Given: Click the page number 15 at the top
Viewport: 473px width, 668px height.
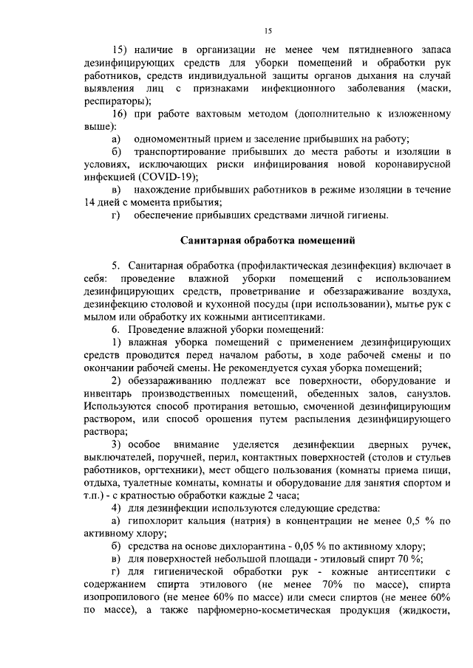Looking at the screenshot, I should pos(268,30).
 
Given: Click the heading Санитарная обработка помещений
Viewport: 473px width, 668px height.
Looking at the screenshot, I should pos(268,241).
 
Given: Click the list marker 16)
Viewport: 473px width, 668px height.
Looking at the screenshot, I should pos(120,114).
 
